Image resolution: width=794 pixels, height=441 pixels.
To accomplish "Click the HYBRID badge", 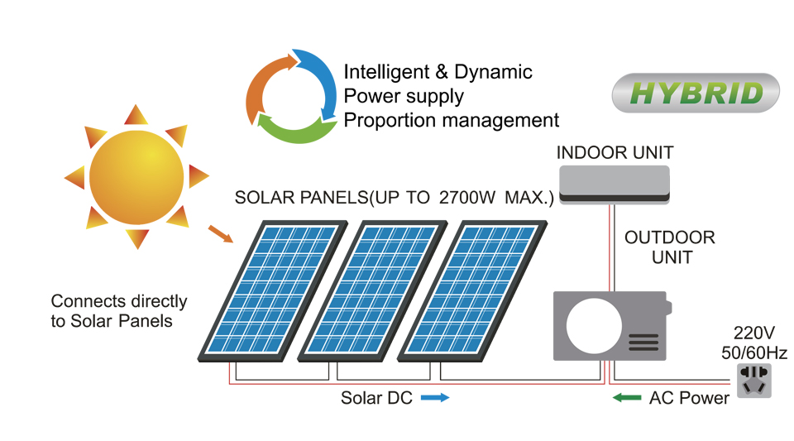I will [x=696, y=93].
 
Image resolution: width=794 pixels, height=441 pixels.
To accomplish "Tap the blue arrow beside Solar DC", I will [x=435, y=398].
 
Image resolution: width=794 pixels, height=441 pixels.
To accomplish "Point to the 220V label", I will [x=753, y=333].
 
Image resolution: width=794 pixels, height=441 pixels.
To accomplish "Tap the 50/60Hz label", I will [x=753, y=353].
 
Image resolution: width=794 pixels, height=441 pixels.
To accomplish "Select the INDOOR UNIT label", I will [x=615, y=153].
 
